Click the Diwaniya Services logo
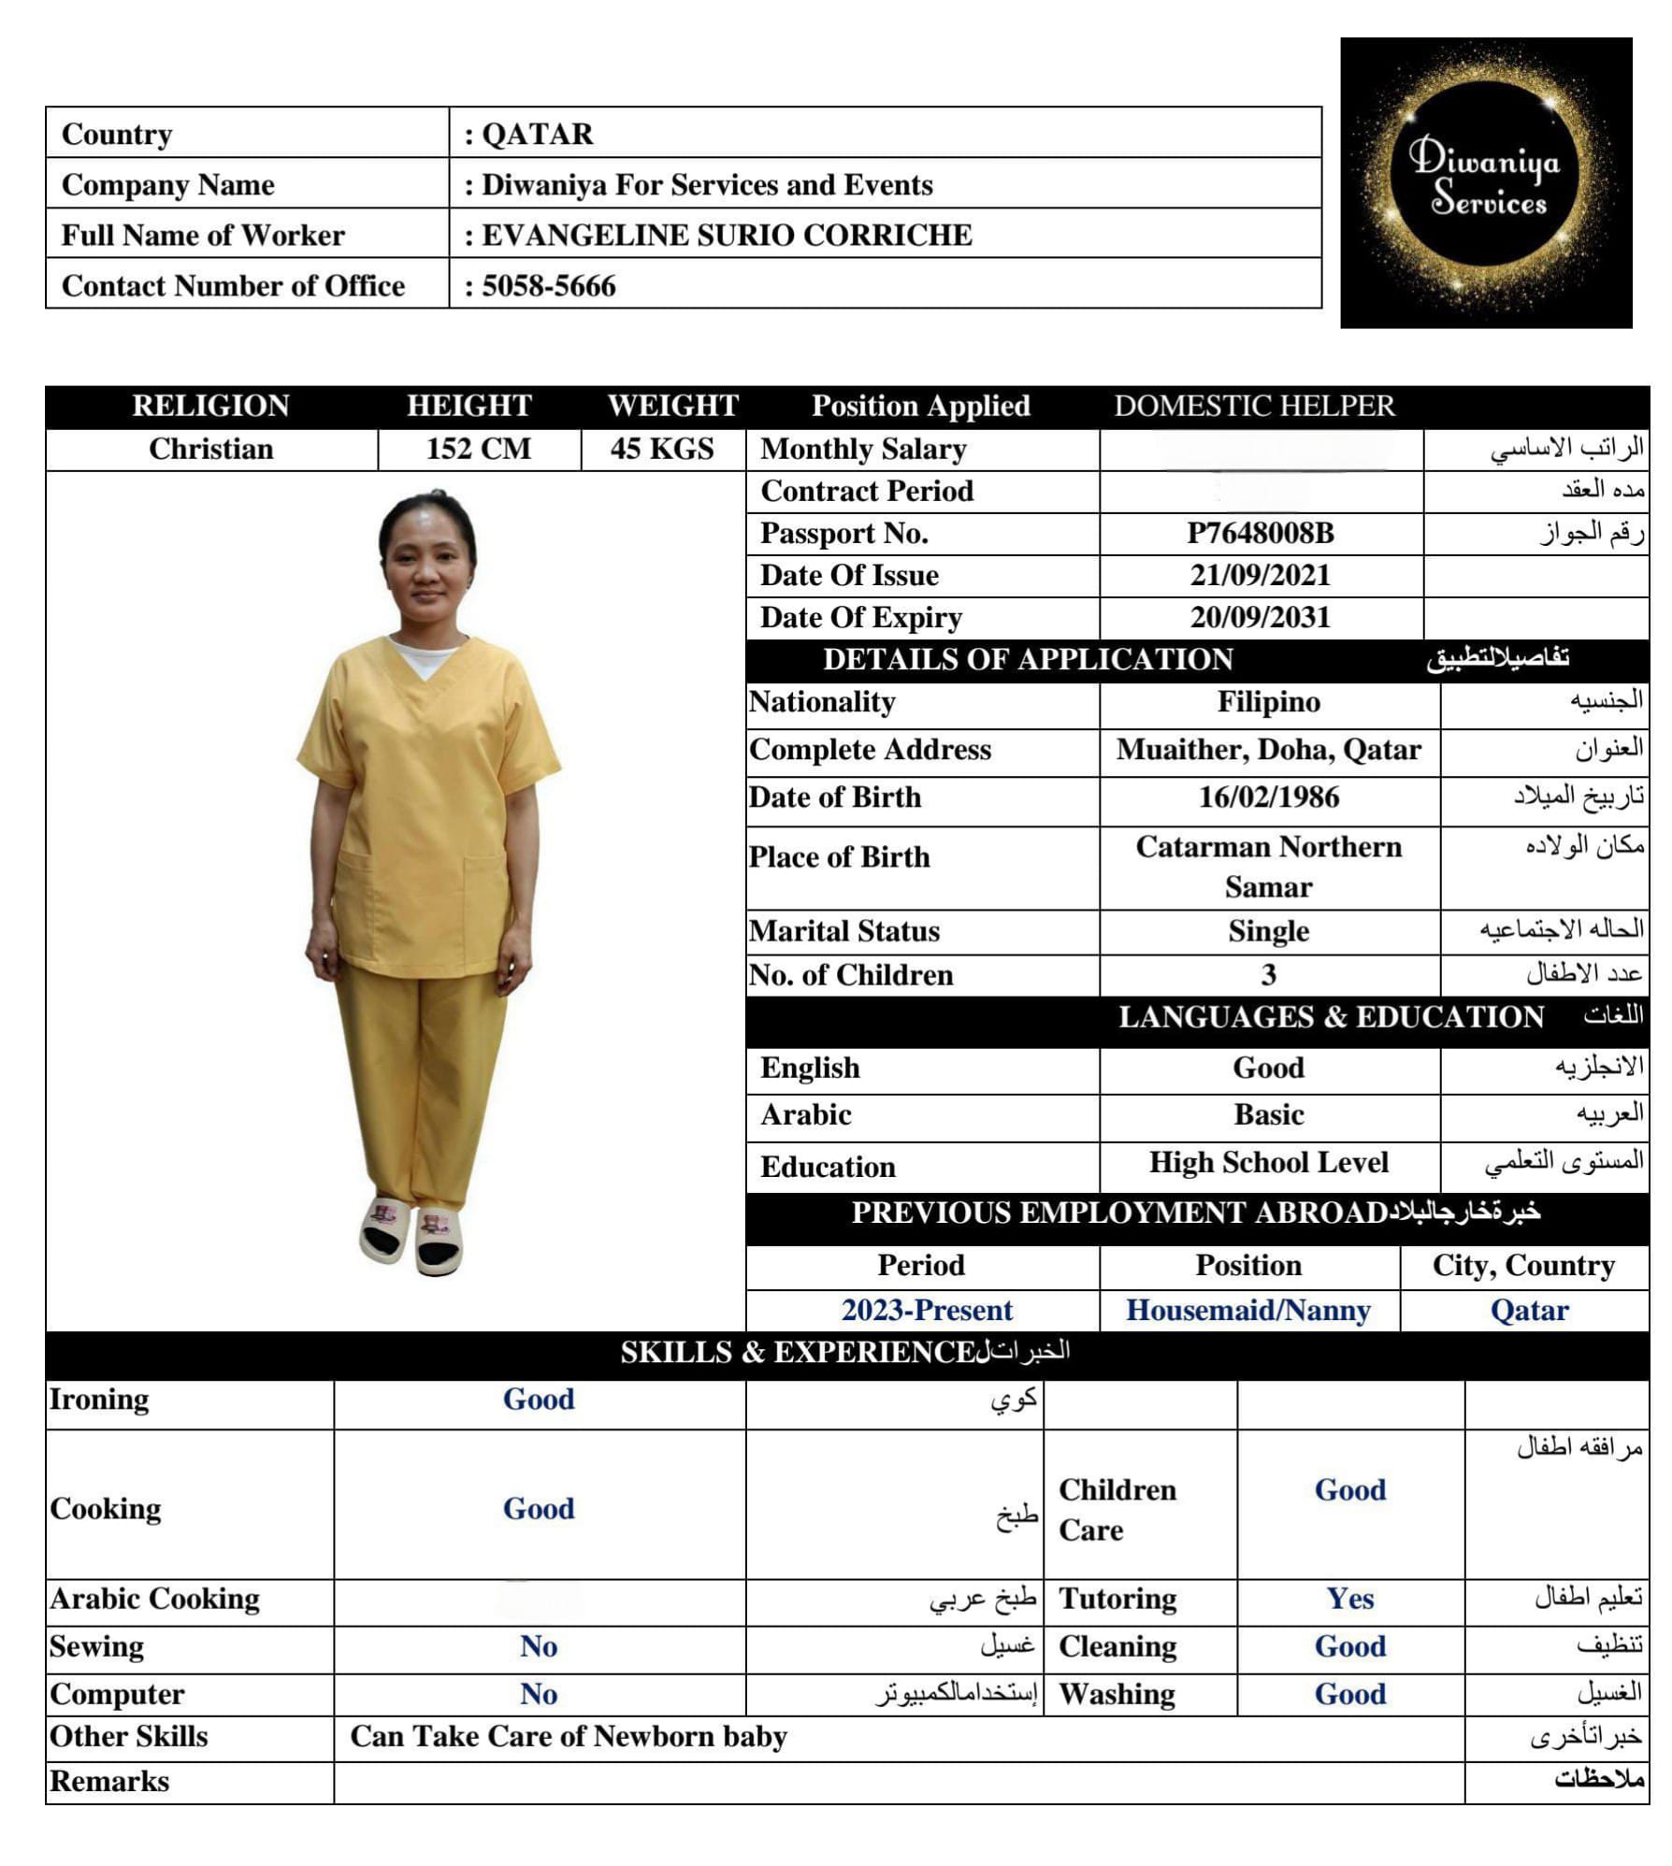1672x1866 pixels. point(1485,182)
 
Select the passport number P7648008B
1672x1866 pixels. point(1260,533)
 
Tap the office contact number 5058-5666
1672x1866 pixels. point(549,285)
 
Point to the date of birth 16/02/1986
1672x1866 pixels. point(1268,797)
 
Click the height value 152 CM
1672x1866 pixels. point(478,449)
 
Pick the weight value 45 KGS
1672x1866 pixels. point(662,449)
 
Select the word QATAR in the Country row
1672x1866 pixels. point(538,134)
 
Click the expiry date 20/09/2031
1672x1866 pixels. point(1260,617)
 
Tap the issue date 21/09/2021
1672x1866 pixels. point(1260,575)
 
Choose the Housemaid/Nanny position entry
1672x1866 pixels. point(1247,1310)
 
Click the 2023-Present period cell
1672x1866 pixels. point(926,1310)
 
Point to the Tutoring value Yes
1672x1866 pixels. point(1349,1599)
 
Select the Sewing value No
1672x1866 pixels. point(539,1646)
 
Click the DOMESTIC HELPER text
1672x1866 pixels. point(1253,406)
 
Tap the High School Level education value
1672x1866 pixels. point(1268,1162)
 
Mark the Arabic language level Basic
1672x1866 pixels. point(1268,1114)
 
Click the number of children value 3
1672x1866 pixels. point(1268,975)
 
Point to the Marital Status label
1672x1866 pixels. point(844,931)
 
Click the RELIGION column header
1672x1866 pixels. point(210,406)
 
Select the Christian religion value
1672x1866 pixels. point(210,449)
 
